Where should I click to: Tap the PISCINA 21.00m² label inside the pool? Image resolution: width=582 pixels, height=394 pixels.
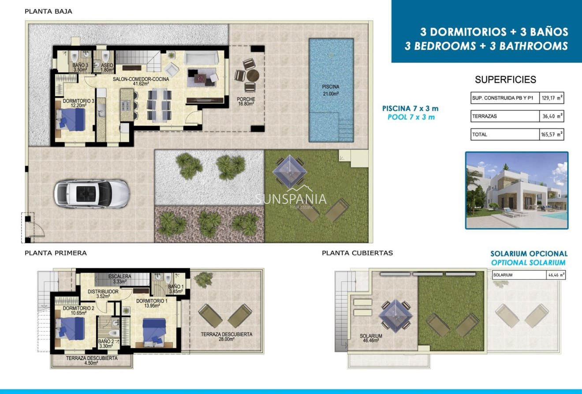[x=331, y=90]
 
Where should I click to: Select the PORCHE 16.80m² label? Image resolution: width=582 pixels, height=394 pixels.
[x=246, y=102]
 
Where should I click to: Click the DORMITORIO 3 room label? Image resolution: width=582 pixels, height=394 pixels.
[x=78, y=103]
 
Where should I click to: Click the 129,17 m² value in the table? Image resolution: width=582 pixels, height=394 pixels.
[x=552, y=98]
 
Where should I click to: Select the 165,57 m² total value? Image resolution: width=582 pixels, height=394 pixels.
[x=552, y=135]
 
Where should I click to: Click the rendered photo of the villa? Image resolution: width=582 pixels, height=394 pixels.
[x=516, y=191]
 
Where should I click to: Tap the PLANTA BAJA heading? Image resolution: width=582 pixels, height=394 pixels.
[x=48, y=12]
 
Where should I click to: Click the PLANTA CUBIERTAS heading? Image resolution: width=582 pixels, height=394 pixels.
[x=357, y=253]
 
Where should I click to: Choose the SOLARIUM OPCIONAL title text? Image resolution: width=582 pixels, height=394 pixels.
[x=529, y=254]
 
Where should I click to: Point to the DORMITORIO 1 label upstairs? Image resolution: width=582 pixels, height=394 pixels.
[x=152, y=303]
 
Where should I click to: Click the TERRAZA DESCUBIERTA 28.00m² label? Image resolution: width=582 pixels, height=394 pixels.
[x=226, y=336]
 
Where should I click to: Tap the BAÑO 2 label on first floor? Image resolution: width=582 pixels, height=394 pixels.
[x=106, y=344]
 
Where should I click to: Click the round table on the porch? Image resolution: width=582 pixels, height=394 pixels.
[x=251, y=75]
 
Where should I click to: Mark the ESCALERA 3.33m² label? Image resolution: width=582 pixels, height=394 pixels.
[x=119, y=279]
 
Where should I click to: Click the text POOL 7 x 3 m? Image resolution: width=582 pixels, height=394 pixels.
[x=410, y=117]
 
